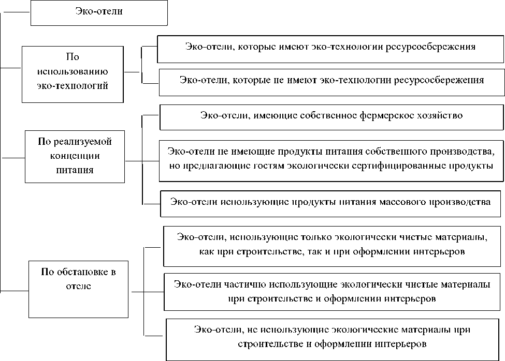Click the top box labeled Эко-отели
[x=99, y=12]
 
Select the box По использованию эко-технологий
[x=73, y=74]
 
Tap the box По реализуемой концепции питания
[x=75, y=157]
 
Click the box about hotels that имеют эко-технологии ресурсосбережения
[x=330, y=49]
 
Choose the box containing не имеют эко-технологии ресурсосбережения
[x=331, y=81]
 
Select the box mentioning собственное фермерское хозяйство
[x=331, y=117]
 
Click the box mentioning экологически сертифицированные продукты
[x=331, y=160]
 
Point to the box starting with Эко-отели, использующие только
[x=332, y=245]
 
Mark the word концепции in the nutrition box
[x=75, y=156]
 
